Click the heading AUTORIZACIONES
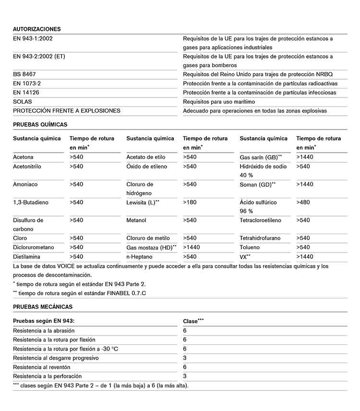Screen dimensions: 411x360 click(36, 29)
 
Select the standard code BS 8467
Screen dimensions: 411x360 click(24, 74)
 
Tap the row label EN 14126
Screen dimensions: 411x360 click(27, 93)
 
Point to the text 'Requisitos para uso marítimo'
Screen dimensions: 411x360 click(219, 102)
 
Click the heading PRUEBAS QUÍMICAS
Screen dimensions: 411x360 click(40, 124)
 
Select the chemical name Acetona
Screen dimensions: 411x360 click(23, 157)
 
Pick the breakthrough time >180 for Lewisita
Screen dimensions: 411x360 click(190, 203)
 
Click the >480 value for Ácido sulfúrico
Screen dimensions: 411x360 click(303, 203)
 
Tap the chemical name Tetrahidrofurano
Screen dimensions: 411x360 click(260, 238)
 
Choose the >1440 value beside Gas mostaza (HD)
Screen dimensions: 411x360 click(192, 247)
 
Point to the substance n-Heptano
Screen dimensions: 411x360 click(140, 257)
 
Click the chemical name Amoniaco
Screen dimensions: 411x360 click(25, 184)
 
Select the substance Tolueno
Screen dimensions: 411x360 click(250, 247)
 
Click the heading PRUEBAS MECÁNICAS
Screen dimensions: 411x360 click(43, 307)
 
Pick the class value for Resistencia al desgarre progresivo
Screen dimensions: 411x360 click(185, 358)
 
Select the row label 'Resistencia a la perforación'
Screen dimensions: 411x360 click(47, 376)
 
